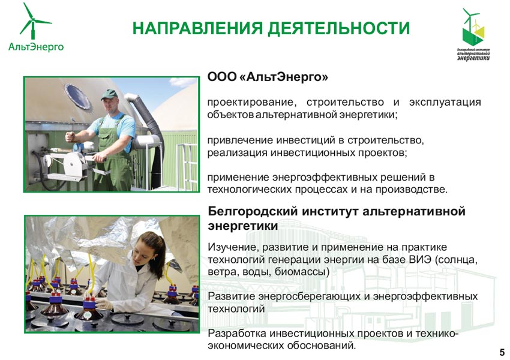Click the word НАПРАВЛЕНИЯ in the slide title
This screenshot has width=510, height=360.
click(x=197, y=28)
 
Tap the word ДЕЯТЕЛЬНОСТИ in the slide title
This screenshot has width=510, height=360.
click(x=338, y=29)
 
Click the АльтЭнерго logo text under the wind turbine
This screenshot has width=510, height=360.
click(x=36, y=47)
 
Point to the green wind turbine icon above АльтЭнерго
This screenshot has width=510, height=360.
click(x=34, y=21)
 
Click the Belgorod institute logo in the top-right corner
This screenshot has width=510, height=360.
click(x=473, y=34)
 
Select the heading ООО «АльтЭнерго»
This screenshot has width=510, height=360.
click(x=268, y=77)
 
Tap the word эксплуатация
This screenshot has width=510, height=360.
click(x=445, y=102)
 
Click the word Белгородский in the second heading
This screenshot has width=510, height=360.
click(x=253, y=211)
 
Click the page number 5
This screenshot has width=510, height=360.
click(x=502, y=352)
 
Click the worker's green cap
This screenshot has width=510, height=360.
click(x=109, y=94)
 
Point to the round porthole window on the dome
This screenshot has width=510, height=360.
click(x=78, y=97)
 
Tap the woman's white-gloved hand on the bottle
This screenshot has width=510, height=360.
click(x=103, y=304)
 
